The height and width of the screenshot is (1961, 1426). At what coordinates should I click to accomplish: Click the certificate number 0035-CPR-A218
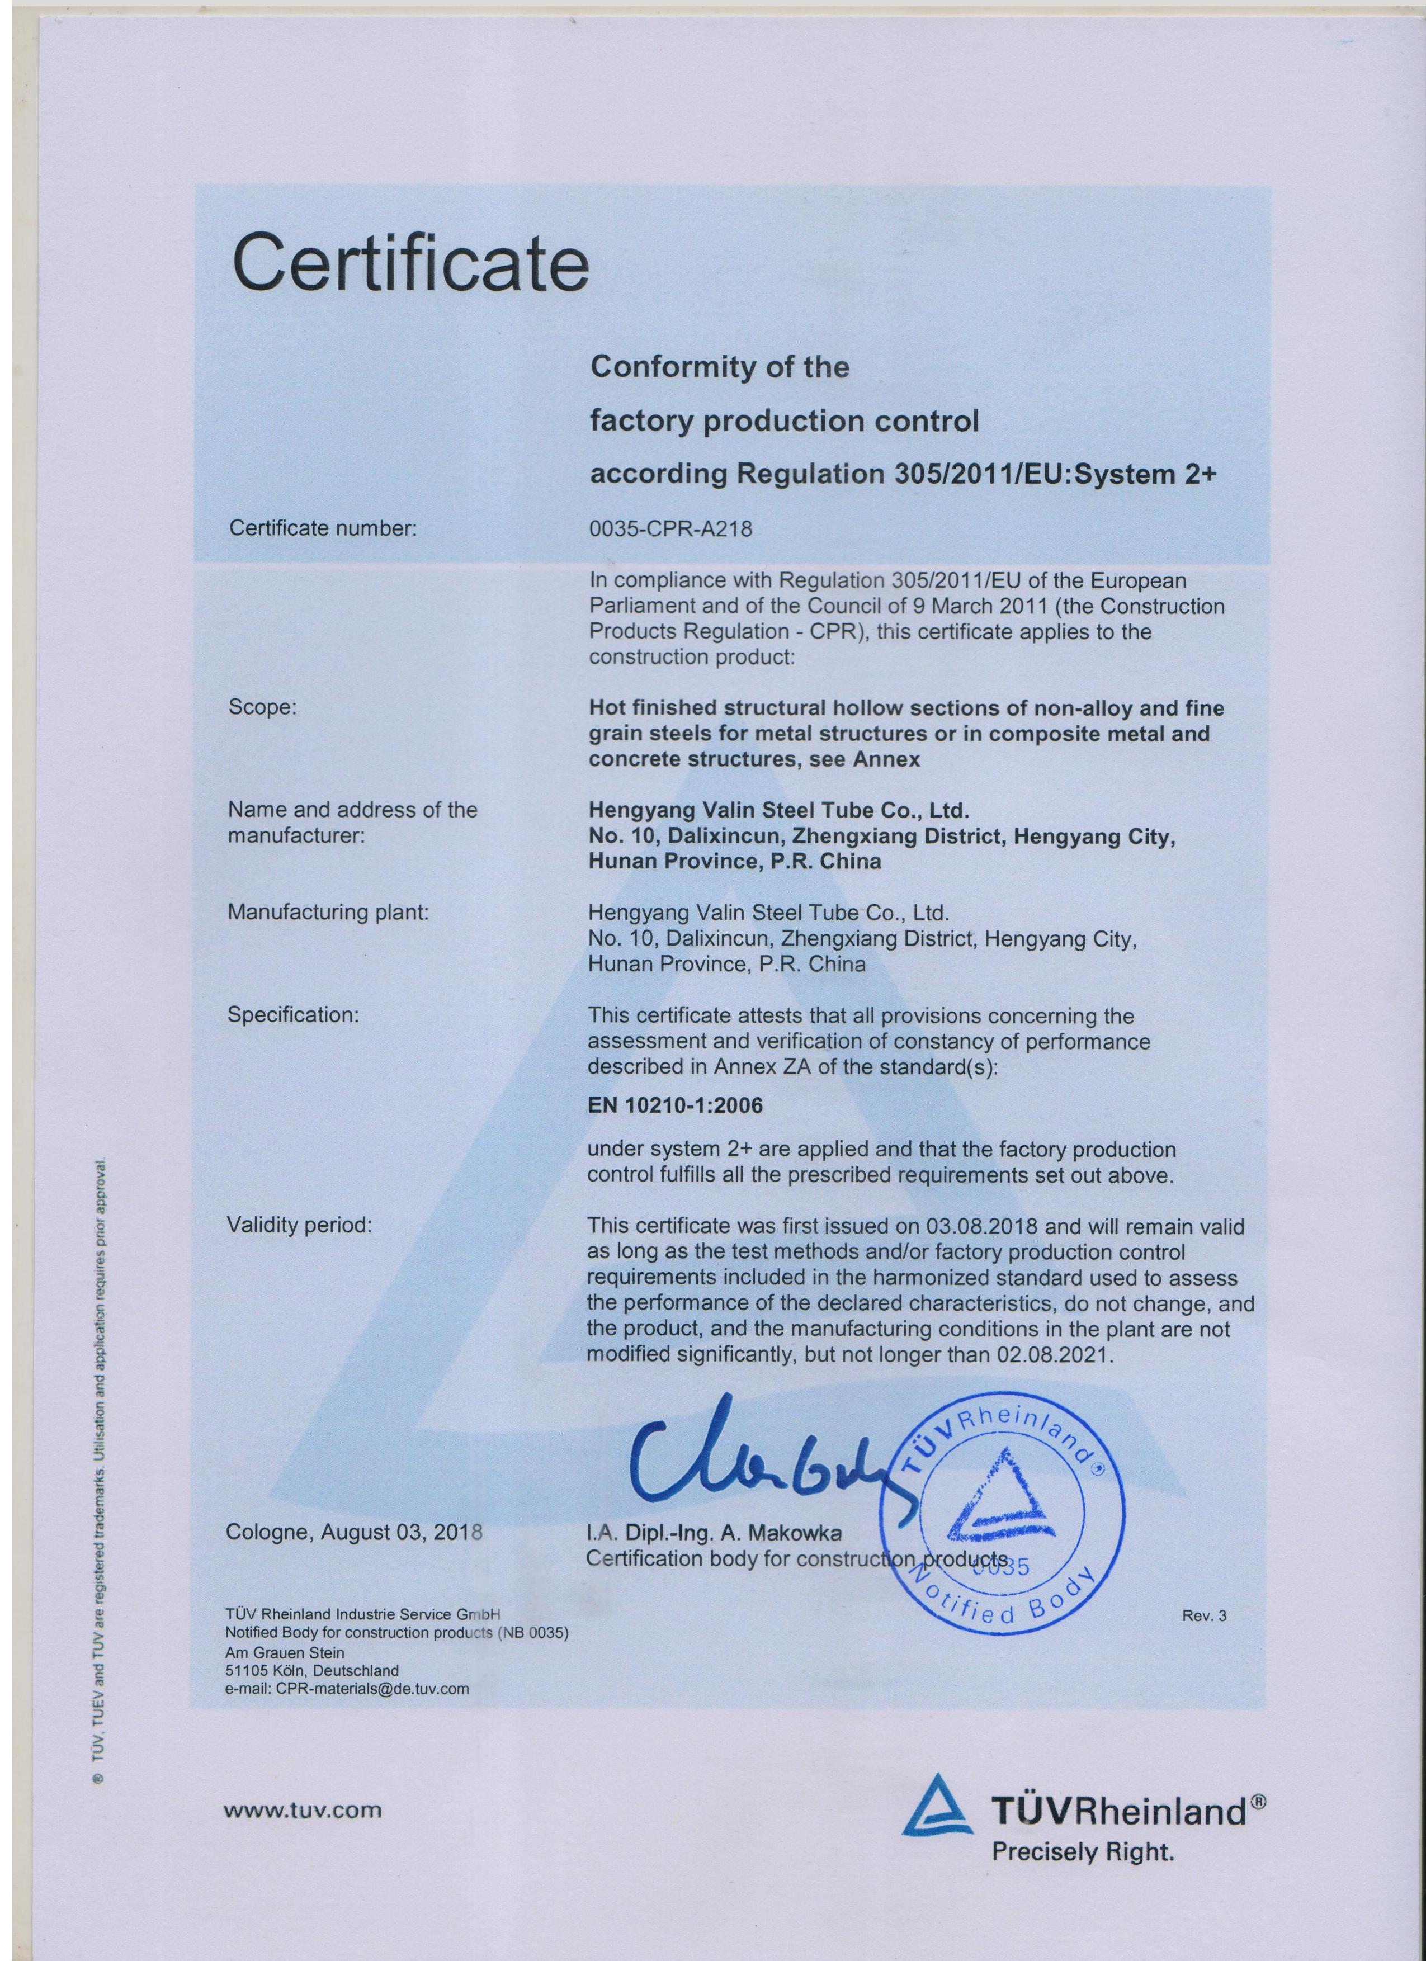670,528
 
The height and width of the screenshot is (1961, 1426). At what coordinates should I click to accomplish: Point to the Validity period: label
299,1225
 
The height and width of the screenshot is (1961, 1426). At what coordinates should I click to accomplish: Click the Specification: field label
292,1014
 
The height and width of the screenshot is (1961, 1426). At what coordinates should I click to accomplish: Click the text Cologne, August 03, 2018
353,1532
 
